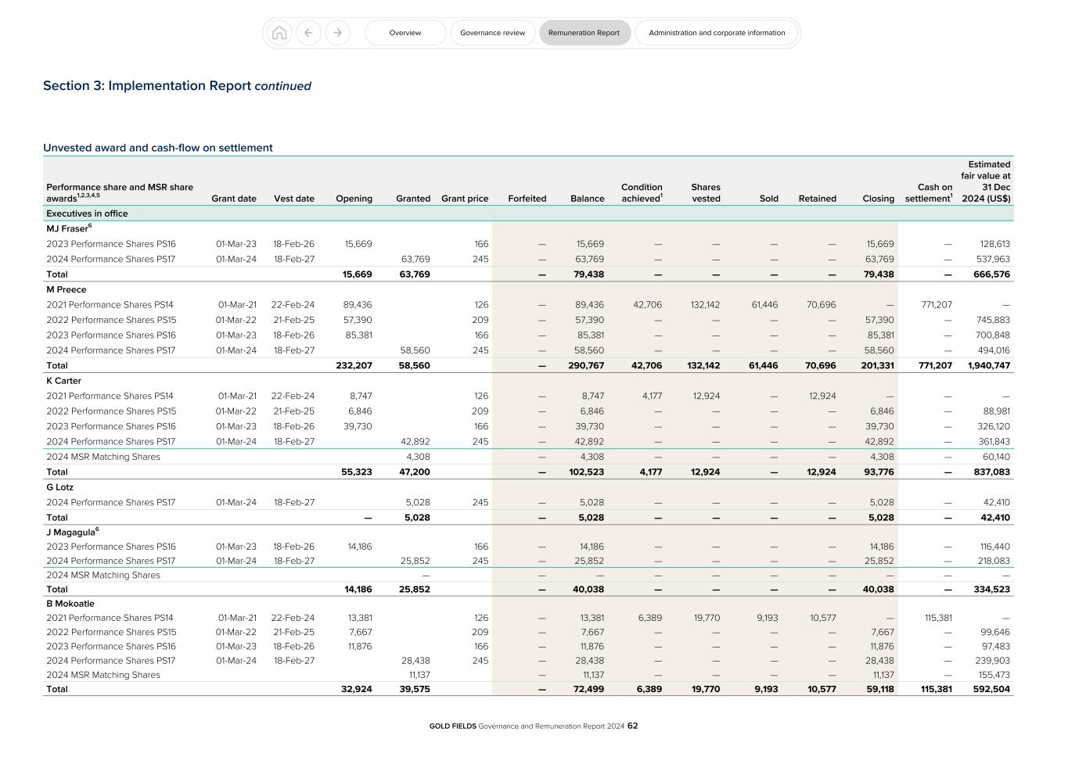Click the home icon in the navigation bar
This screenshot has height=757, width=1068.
(279, 33)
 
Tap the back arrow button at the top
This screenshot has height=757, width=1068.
(308, 33)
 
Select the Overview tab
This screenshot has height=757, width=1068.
(405, 33)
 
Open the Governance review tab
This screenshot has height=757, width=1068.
(492, 33)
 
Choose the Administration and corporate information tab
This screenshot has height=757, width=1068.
(717, 33)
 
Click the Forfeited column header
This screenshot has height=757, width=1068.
(527, 199)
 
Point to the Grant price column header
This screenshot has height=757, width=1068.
(465, 199)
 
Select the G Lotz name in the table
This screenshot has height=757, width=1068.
(60, 487)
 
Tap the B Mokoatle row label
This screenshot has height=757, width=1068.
(70, 604)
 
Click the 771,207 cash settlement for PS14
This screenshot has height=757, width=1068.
(936, 305)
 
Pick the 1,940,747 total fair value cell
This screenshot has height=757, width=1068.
(989, 365)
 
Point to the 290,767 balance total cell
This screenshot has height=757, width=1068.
(586, 365)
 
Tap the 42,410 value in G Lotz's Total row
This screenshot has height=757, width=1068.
(996, 518)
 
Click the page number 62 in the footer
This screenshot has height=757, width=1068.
(632, 726)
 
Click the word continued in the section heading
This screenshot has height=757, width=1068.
(282, 86)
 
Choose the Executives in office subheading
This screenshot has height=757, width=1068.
(87, 213)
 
